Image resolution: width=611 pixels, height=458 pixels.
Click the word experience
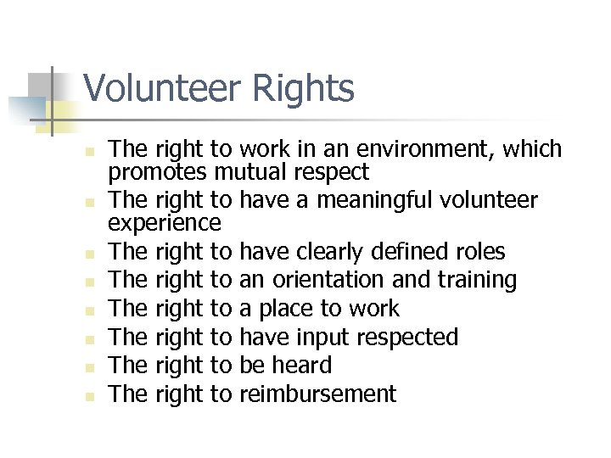(165, 225)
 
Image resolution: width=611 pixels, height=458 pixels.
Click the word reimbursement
(318, 394)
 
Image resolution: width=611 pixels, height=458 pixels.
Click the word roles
(479, 252)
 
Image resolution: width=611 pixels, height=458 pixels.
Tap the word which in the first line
(532, 150)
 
